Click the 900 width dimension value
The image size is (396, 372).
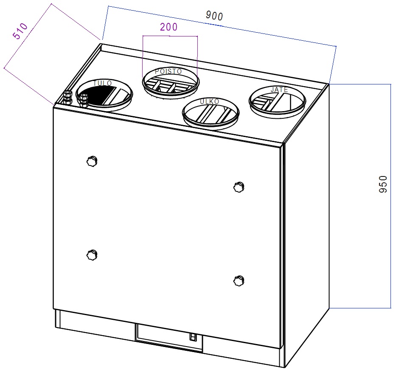tap(214, 16)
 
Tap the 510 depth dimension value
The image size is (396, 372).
tap(20, 31)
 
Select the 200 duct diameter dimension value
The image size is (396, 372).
tap(169, 27)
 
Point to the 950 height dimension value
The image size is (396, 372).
tap(383, 184)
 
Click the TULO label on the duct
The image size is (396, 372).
tap(103, 84)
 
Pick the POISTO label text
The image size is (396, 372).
tap(169, 72)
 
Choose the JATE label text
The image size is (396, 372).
tap(279, 90)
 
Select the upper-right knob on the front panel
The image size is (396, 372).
tap(239, 187)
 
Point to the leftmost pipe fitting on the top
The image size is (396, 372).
tap(67, 98)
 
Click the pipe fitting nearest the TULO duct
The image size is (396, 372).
tap(83, 101)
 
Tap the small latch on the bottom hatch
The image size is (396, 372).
tap(193, 337)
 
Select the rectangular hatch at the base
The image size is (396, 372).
tap(169, 338)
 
